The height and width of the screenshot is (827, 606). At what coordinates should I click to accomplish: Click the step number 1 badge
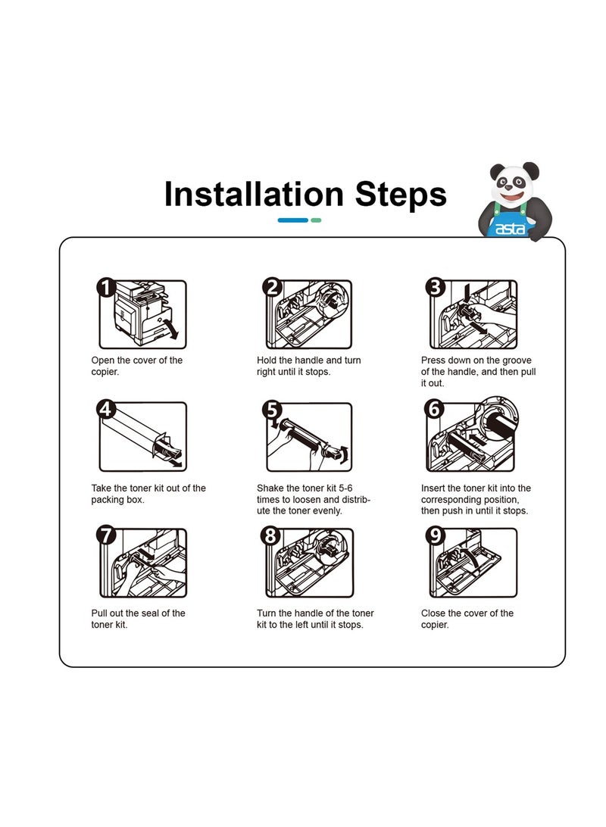[106, 288]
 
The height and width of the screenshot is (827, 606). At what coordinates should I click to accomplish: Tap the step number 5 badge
[272, 409]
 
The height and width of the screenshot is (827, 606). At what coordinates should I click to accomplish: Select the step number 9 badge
[435, 535]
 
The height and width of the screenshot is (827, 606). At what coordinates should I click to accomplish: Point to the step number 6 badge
[435, 409]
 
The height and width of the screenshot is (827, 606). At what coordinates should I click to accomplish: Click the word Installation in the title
[254, 194]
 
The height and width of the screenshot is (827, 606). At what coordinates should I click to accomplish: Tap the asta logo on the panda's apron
[510, 229]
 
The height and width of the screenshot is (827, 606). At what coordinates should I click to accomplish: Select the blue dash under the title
[292, 220]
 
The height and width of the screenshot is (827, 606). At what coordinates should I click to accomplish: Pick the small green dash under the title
[316, 220]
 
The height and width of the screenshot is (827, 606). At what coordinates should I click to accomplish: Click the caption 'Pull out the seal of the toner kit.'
[138, 619]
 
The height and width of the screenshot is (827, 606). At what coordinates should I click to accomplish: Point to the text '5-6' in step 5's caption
[345, 488]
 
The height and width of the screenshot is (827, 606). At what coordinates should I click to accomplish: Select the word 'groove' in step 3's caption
[515, 360]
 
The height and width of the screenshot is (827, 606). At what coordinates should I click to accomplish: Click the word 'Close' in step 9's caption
[433, 613]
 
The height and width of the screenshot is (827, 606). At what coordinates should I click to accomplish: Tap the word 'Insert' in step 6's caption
[433, 488]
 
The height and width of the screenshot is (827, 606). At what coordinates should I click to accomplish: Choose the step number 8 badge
[270, 535]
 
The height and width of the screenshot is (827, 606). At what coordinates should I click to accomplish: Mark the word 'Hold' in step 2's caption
[267, 360]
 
